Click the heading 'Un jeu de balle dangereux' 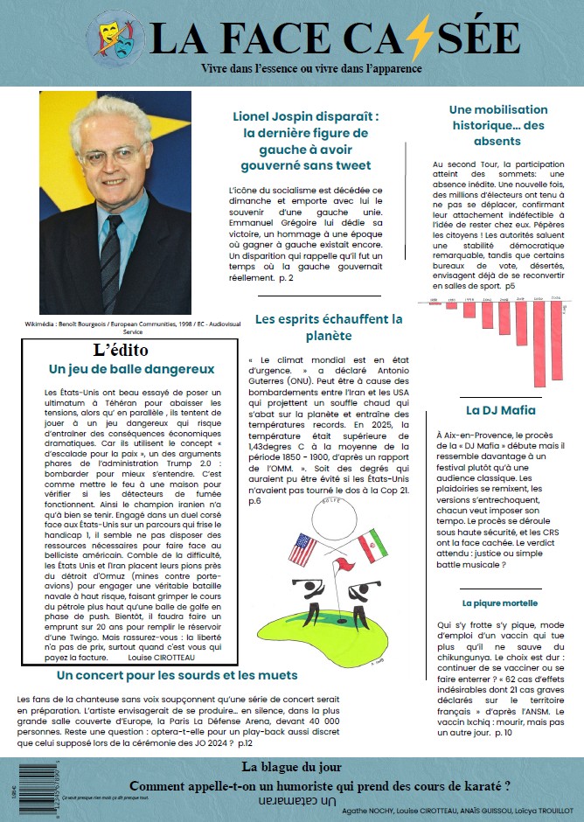coord(131,369)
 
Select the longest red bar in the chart coord(539,343)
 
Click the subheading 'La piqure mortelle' coord(500,603)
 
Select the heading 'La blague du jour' coord(292,768)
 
